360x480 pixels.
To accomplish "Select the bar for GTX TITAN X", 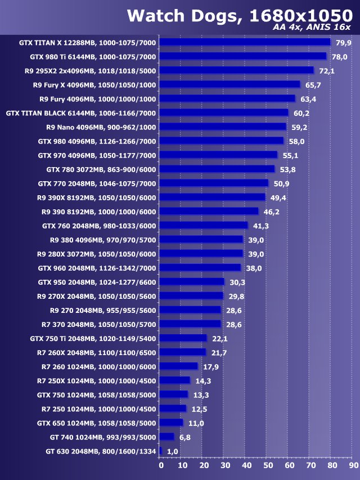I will click(x=245, y=42).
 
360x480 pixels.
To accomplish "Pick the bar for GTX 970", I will click(x=218, y=155).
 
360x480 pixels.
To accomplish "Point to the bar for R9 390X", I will click(x=212, y=197).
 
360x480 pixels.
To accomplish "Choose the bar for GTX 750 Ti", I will click(x=183, y=338).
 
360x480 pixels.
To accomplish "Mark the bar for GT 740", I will click(x=167, y=437).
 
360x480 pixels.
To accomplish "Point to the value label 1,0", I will click(x=173, y=451).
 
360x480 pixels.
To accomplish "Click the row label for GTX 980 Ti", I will click(x=93, y=56).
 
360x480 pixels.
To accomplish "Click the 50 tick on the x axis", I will click(x=268, y=465).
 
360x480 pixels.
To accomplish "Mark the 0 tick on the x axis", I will click(x=161, y=465).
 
